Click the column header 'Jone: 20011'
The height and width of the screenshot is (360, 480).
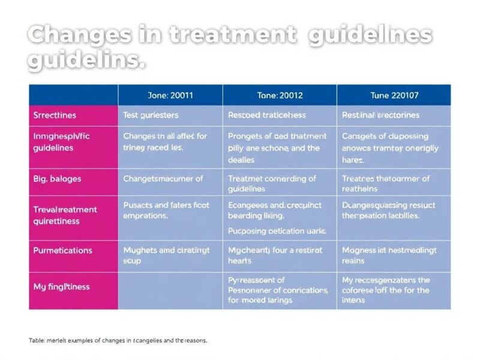pos(170,95)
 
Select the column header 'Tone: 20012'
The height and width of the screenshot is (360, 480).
pos(280,95)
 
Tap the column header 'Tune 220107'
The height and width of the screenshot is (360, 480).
pos(394,95)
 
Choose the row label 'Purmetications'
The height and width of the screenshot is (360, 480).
pos(62,250)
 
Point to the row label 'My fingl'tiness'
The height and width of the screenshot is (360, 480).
pos(61,287)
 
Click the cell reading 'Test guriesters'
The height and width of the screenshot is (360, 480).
pos(151,115)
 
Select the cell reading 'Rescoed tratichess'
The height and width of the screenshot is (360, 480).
pos(267,115)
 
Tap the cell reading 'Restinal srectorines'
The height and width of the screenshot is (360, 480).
pos(381,115)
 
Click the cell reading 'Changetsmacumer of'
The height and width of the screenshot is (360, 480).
pos(163,179)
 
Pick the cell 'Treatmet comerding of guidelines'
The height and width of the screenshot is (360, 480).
pos(272,184)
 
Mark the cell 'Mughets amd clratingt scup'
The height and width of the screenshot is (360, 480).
pos(167,256)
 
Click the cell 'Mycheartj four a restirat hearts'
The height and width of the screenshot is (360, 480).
pos(275,256)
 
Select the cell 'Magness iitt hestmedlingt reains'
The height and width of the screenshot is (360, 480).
pos(389,256)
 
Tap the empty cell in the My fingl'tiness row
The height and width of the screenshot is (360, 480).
pos(170,290)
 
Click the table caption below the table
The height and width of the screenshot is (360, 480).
pos(118,340)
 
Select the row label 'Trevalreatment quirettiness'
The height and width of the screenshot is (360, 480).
pos(65,215)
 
